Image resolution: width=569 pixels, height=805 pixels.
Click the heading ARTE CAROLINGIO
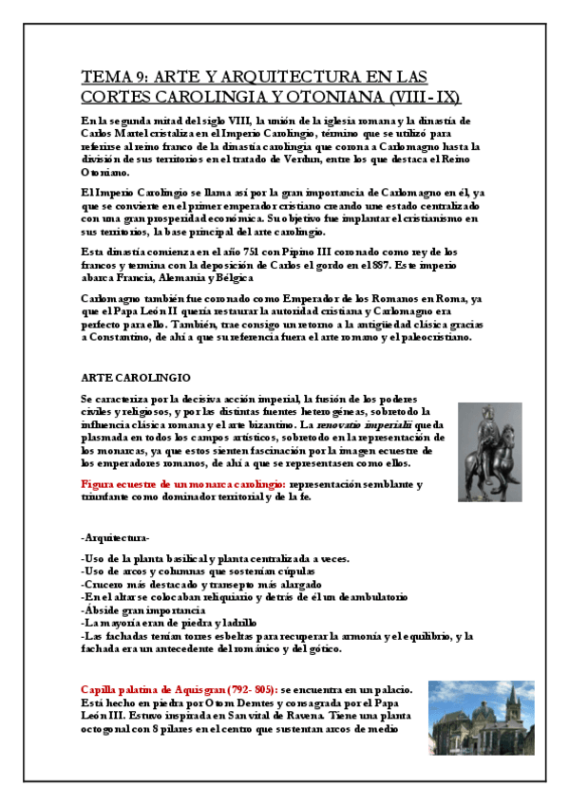(x=136, y=376)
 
